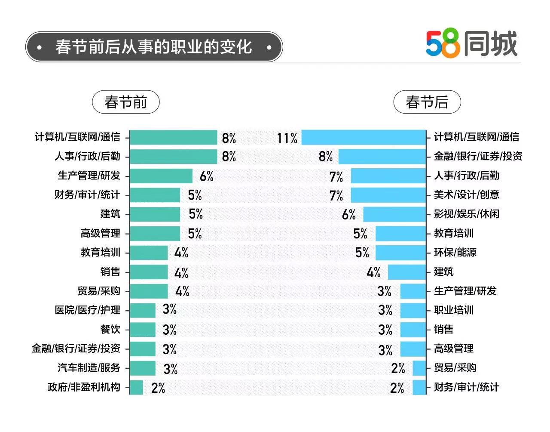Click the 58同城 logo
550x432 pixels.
pos(471,44)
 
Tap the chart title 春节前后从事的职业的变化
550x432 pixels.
pos(153,47)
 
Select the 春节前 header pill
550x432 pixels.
pos(125,102)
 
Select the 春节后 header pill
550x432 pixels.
pos(427,102)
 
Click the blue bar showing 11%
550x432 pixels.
pos(363,138)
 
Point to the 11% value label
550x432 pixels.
pos(287,138)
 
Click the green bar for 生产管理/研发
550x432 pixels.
pos(161,176)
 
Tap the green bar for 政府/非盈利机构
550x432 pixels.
pos(137,387)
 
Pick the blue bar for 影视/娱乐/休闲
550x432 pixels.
pos(394,214)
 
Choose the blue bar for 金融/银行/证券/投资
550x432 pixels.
pos(382,156)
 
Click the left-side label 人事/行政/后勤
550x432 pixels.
pos(87,156)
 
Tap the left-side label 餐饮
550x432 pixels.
pos(110,330)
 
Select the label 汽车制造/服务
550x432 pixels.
pos(89,368)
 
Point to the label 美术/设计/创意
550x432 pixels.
pos(466,194)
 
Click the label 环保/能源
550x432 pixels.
pos(455,252)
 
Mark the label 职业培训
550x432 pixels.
pos(453,310)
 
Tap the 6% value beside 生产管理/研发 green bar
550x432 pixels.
pos(206,176)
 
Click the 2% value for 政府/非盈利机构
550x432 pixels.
pos(158,388)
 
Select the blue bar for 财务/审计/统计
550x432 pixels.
pos(419,387)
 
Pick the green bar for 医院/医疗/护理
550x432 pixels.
pos(143,310)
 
